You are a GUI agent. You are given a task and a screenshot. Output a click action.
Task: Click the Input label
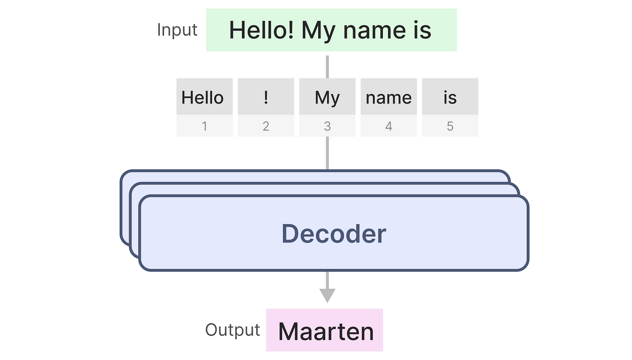[x=177, y=30]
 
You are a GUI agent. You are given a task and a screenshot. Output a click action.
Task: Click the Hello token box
[x=204, y=97]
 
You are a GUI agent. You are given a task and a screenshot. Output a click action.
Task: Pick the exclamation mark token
[x=265, y=97]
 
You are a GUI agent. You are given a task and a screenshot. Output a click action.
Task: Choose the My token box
[x=327, y=97]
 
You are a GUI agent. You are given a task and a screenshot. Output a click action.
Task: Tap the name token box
[x=388, y=97]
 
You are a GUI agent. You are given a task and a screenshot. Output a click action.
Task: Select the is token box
[x=450, y=97]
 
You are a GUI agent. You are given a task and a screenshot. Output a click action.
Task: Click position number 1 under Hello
[x=204, y=126]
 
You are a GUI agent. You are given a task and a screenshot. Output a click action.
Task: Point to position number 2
[x=266, y=126]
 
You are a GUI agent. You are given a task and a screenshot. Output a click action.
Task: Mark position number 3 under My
[x=327, y=126]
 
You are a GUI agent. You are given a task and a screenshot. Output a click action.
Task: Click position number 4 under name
[x=389, y=126]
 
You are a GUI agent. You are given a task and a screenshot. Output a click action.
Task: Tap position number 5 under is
[x=450, y=126]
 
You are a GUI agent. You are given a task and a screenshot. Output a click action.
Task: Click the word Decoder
[x=334, y=234]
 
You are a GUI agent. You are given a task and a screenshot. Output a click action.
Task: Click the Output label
[x=232, y=330]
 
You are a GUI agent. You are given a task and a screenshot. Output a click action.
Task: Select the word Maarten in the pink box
[x=326, y=332]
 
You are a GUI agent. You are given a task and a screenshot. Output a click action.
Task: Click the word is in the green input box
[x=421, y=30]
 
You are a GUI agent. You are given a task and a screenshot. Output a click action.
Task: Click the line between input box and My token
[x=327, y=66]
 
